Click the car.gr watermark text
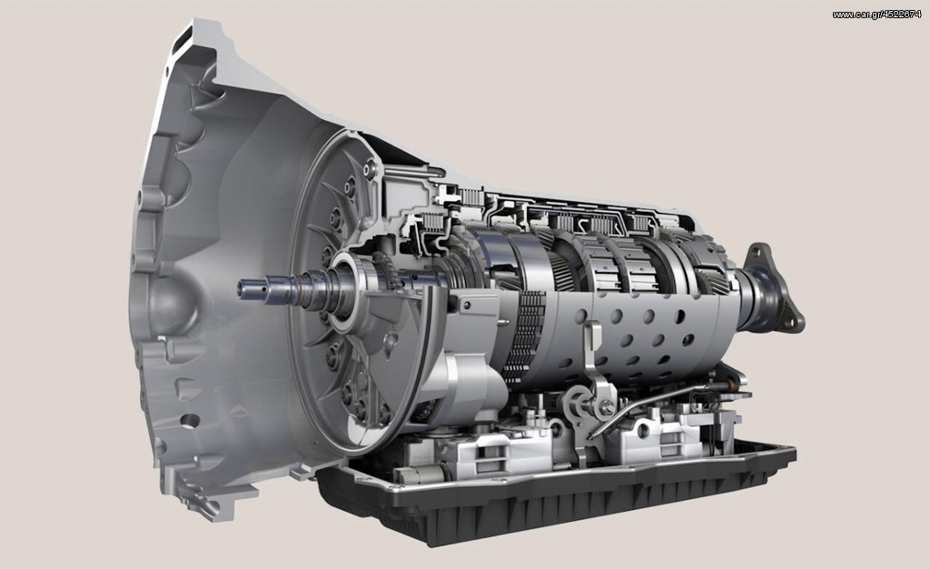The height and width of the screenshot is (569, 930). click(876, 15)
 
